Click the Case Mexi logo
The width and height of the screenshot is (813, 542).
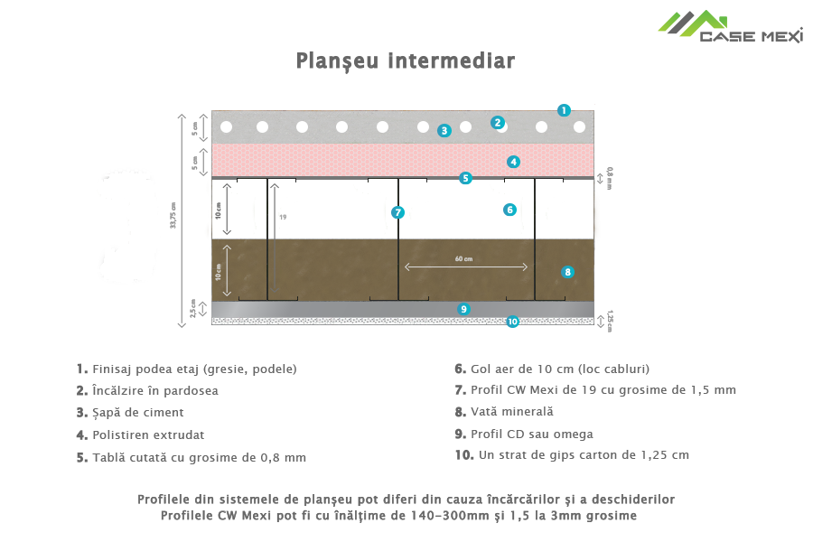729,27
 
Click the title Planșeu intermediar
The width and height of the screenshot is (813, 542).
406,61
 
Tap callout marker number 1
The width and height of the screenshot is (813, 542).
564,110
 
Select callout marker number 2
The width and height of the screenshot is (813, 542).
497,123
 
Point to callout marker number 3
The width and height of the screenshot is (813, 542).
444,130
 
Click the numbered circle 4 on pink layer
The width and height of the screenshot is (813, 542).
513,163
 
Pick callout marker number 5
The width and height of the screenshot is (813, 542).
465,178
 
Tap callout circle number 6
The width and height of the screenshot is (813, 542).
509,210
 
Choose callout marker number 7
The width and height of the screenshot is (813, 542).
397,212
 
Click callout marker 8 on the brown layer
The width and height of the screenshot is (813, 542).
567,271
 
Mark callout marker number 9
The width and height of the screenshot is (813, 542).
464,309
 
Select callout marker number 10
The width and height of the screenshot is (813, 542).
512,321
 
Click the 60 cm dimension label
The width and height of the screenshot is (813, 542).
463,259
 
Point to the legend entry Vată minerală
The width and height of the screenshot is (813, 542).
510,412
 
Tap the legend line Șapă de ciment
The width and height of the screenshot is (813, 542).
136,413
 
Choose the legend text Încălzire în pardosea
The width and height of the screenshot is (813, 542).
154,391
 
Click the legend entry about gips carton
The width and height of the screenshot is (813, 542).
578,455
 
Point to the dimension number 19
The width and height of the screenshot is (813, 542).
283,218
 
